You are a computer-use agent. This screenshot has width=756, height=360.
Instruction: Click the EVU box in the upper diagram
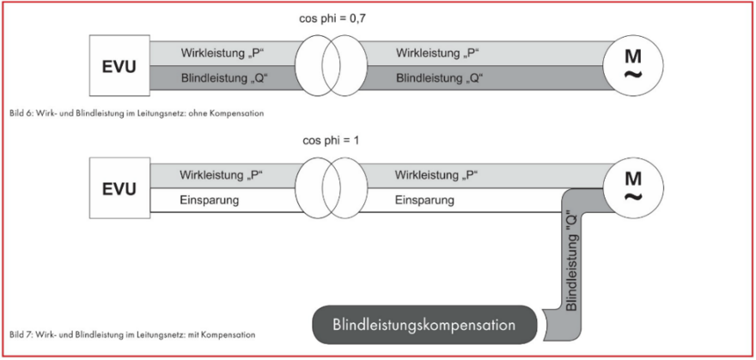click(119, 65)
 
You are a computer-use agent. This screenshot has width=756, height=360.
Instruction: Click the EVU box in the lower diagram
click(119, 188)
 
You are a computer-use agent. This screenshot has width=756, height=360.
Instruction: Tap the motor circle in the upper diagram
click(633, 64)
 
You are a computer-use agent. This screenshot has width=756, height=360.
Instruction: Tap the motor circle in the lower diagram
click(633, 188)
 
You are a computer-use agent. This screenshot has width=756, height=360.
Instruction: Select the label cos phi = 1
click(331, 142)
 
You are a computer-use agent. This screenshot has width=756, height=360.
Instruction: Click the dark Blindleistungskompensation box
click(424, 324)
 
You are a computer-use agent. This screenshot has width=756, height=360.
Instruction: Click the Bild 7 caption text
click(132, 333)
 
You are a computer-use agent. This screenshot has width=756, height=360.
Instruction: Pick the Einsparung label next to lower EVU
click(210, 200)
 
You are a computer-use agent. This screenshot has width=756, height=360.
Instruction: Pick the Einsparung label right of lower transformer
click(424, 200)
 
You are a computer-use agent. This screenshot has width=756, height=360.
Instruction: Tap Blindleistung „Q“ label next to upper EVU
click(224, 78)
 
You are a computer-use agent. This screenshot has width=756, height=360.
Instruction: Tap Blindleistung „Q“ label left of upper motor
click(439, 78)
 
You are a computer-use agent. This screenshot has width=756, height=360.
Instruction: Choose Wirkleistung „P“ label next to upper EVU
click(223, 52)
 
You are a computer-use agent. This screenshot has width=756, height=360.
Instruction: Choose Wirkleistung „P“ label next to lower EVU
click(223, 174)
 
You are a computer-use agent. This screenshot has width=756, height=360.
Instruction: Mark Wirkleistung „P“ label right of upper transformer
click(438, 52)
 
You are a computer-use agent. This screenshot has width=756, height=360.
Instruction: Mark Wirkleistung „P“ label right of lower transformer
click(436, 174)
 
